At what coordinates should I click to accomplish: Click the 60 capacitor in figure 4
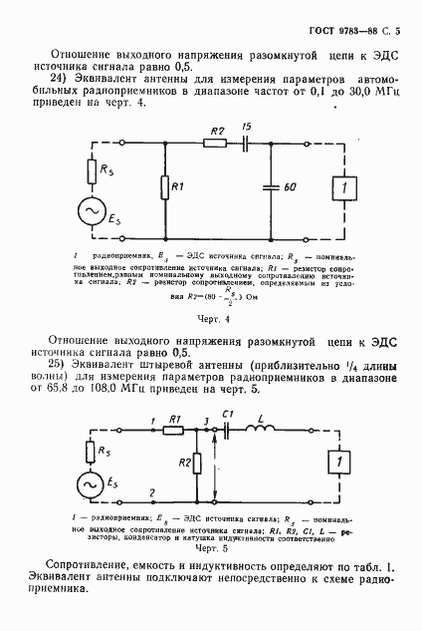(x=271, y=185)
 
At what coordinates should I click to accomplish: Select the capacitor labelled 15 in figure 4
(x=246, y=143)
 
